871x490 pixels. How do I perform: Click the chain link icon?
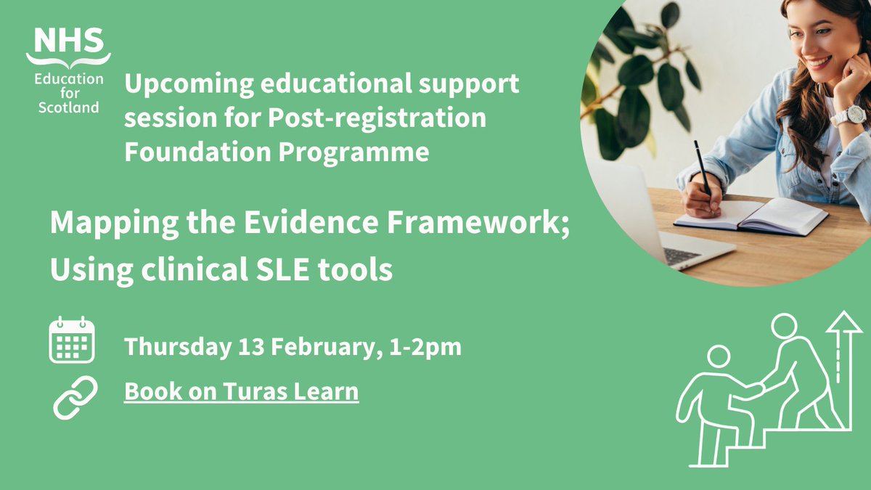[75, 396]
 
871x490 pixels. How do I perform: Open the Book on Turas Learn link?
[241, 391]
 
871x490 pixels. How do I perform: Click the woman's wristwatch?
[849, 115]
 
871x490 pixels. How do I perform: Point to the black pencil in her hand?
[702, 169]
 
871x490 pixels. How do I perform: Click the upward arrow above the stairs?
[842, 341]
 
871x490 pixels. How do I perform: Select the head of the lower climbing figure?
[718, 356]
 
